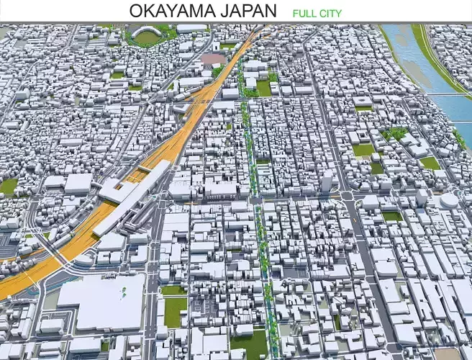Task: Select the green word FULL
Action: pyautogui.click(x=304, y=13)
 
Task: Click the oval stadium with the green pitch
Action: pyautogui.click(x=148, y=37)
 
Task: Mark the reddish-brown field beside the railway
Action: pyautogui.click(x=212, y=59)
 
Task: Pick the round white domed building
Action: pyautogui.click(x=449, y=199)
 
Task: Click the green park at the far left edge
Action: pyautogui.click(x=8, y=186)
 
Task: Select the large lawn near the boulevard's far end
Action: pyautogui.click(x=263, y=88)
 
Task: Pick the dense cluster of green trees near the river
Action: pyautogui.click(x=395, y=133)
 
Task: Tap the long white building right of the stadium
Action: pyautogui.click(x=191, y=29)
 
